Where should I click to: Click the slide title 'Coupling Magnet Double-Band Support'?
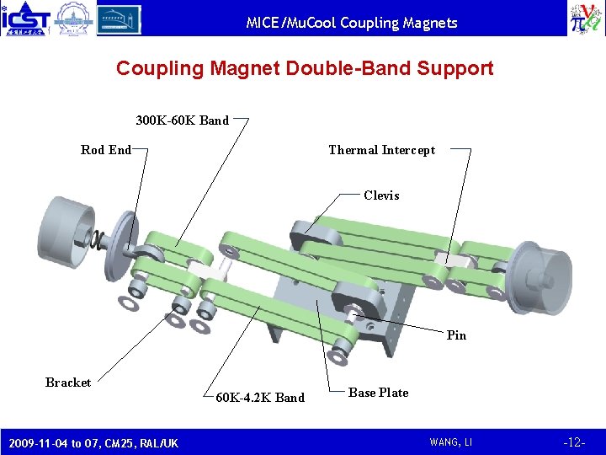(305, 68)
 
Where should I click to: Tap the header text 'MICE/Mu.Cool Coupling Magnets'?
(352, 23)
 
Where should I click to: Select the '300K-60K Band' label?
(182, 120)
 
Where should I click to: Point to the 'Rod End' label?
(105, 150)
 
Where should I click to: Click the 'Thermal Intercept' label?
(381, 150)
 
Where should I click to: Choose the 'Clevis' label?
(381, 195)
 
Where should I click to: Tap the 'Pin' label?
(456, 335)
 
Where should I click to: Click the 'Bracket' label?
(68, 383)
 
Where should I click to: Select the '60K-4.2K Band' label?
(260, 398)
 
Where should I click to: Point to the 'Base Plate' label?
(378, 393)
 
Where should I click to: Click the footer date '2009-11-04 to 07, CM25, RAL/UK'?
(93, 442)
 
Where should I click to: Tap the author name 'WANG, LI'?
(451, 442)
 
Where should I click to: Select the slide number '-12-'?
(575, 442)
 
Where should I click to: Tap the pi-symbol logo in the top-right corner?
(585, 19)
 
